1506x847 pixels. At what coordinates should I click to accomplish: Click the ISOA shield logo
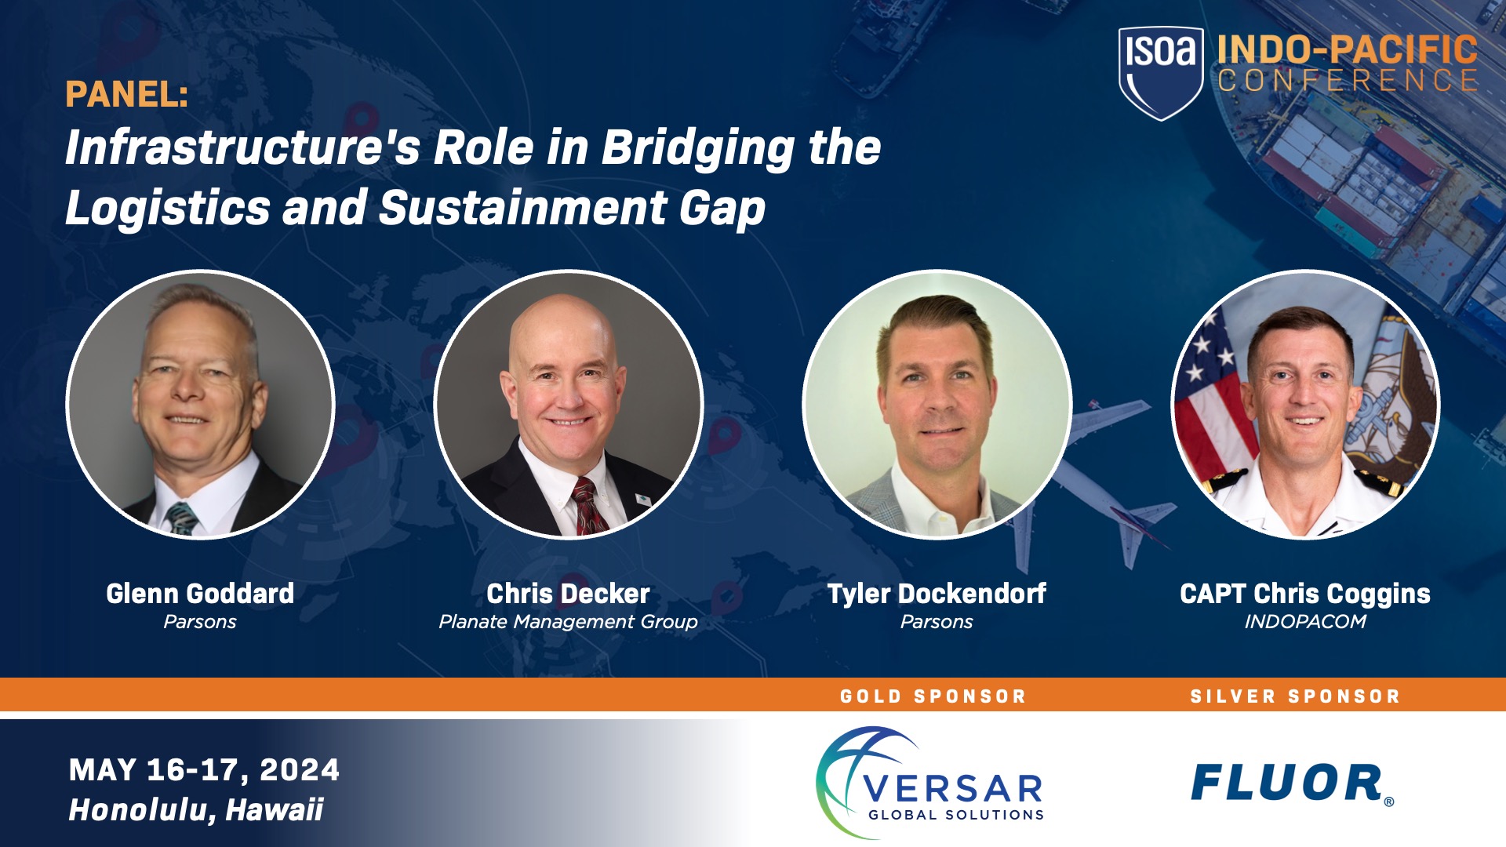(1161, 73)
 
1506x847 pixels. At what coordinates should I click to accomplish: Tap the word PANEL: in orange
(127, 95)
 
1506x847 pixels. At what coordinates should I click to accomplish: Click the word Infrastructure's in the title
(243, 147)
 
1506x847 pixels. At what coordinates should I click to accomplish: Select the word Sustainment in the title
(522, 208)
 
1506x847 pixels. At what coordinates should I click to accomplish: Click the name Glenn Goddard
(200, 594)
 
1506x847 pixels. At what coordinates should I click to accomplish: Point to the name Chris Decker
(568, 594)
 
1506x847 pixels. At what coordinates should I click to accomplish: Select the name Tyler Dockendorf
(937, 594)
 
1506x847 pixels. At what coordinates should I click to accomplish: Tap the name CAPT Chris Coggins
(1305, 594)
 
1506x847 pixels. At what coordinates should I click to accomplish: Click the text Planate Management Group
(568, 622)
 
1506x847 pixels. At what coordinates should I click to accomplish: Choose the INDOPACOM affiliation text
(1305, 622)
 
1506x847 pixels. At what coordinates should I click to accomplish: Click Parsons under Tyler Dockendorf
(937, 622)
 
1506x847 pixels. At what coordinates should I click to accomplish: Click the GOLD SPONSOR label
(933, 696)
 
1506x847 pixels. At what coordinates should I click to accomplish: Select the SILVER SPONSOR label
(1295, 696)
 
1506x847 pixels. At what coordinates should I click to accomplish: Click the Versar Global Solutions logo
(930, 782)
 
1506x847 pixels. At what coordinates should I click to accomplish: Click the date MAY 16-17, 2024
(204, 770)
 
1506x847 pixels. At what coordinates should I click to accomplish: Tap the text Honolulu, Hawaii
(195, 810)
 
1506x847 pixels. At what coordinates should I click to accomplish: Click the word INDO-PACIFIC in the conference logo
(1348, 49)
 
